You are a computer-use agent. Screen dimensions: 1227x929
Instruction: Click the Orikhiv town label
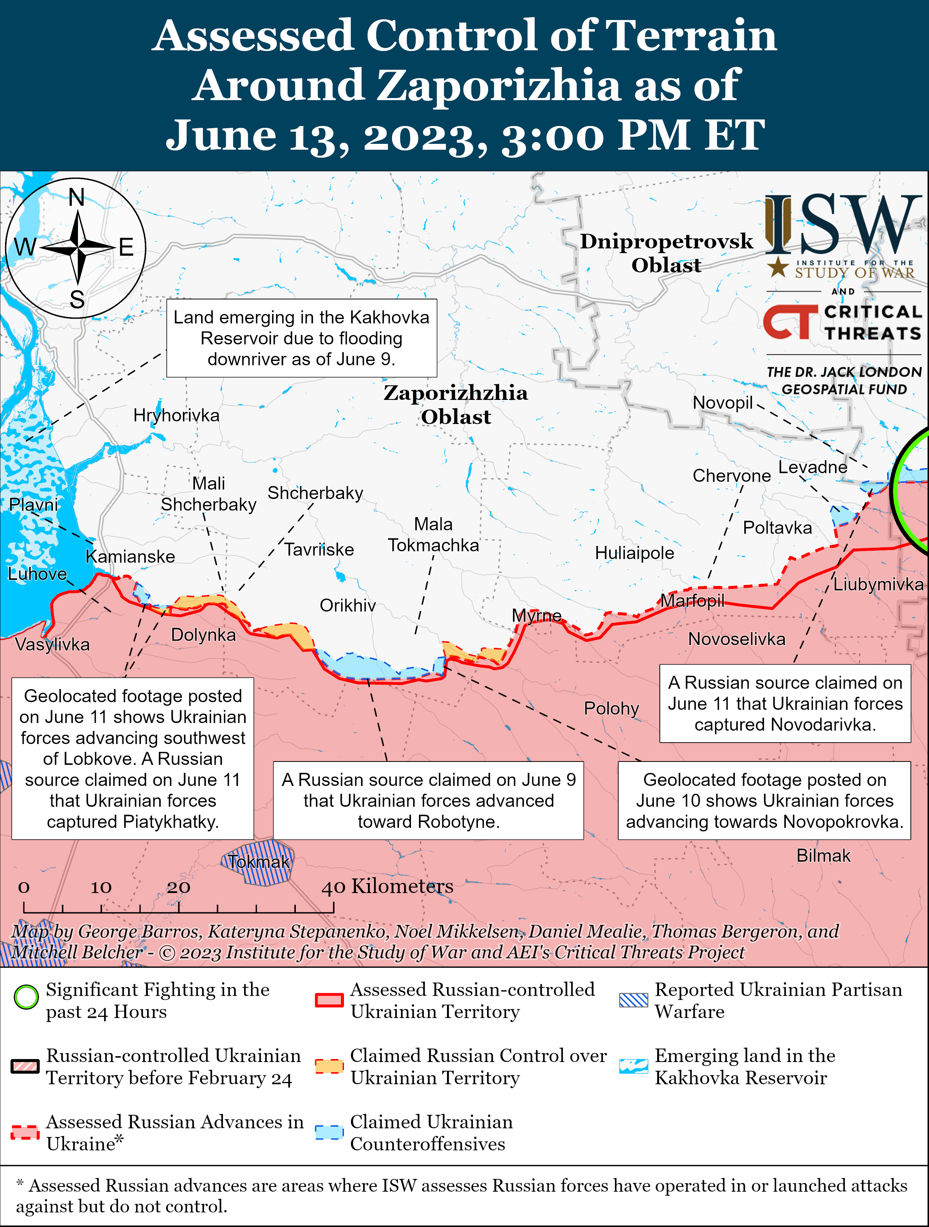tap(348, 605)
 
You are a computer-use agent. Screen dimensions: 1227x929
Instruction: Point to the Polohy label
tap(611, 708)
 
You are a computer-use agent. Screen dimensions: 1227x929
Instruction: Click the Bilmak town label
tap(823, 856)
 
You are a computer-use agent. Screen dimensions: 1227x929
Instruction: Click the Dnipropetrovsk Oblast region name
tap(666, 253)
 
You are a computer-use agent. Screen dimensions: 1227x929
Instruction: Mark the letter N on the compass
tap(77, 197)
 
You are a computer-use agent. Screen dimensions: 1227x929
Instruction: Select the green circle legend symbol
tap(26, 997)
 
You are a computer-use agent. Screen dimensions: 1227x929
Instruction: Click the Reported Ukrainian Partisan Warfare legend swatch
tap(633, 1000)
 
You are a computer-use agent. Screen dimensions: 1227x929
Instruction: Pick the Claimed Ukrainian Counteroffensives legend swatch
tap(329, 1132)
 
